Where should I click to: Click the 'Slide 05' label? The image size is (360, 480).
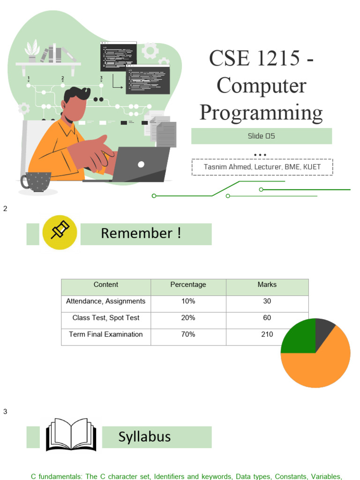point(261,136)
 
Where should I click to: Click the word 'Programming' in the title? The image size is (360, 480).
point(261,112)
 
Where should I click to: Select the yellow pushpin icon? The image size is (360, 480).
point(60,232)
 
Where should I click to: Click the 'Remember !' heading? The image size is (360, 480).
point(141,233)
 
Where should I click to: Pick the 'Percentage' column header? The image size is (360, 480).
point(188,285)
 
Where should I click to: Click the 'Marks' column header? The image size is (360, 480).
point(267,285)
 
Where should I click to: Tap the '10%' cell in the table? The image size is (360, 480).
point(188,301)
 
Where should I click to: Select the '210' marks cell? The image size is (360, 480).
point(267,334)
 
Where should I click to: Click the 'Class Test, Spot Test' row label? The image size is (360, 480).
point(105,318)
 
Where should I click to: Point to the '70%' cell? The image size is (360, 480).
point(188,334)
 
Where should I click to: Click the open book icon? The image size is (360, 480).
point(71,435)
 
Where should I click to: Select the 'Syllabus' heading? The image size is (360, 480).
point(144,437)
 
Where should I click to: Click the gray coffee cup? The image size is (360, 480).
point(36,182)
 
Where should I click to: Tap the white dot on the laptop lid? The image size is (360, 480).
point(141,165)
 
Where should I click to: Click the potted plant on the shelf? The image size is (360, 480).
point(32,51)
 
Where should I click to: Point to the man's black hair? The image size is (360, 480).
point(76,94)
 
